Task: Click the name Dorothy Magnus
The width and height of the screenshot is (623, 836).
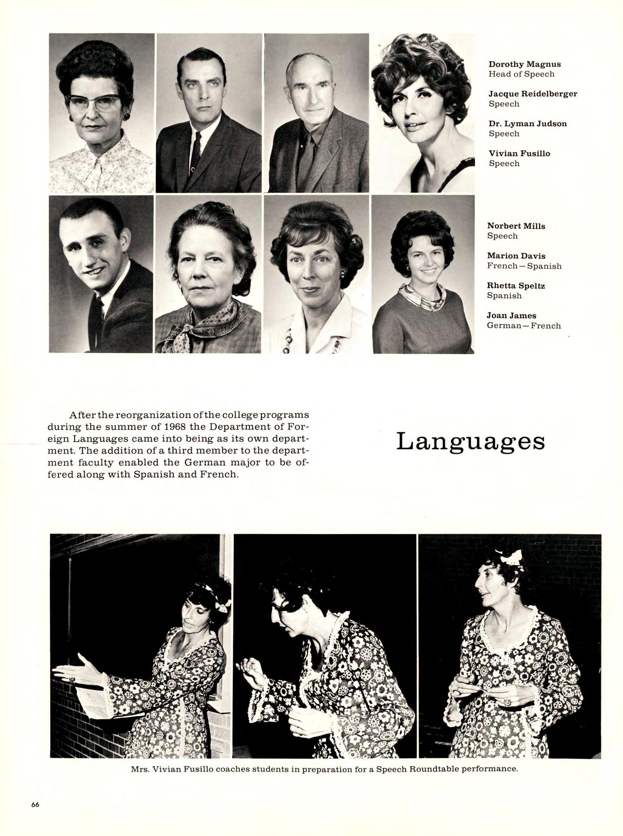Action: pos(524,64)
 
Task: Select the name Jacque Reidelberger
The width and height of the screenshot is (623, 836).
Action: pos(533,94)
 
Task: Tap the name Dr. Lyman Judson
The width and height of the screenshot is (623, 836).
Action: pos(527,123)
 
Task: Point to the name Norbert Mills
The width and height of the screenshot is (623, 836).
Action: pos(516,226)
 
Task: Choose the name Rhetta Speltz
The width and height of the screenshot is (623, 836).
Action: pos(516,286)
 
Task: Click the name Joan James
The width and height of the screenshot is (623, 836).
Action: pos(512,315)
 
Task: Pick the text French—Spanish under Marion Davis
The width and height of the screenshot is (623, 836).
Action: pos(524,266)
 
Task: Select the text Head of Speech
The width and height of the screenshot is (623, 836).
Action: pos(521,74)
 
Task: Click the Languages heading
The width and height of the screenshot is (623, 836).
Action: pos(470,442)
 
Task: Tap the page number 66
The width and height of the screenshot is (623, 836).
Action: pos(35,804)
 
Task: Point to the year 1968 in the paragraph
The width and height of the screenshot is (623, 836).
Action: pos(173,426)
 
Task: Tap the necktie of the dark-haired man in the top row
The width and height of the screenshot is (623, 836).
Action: pos(196,153)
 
